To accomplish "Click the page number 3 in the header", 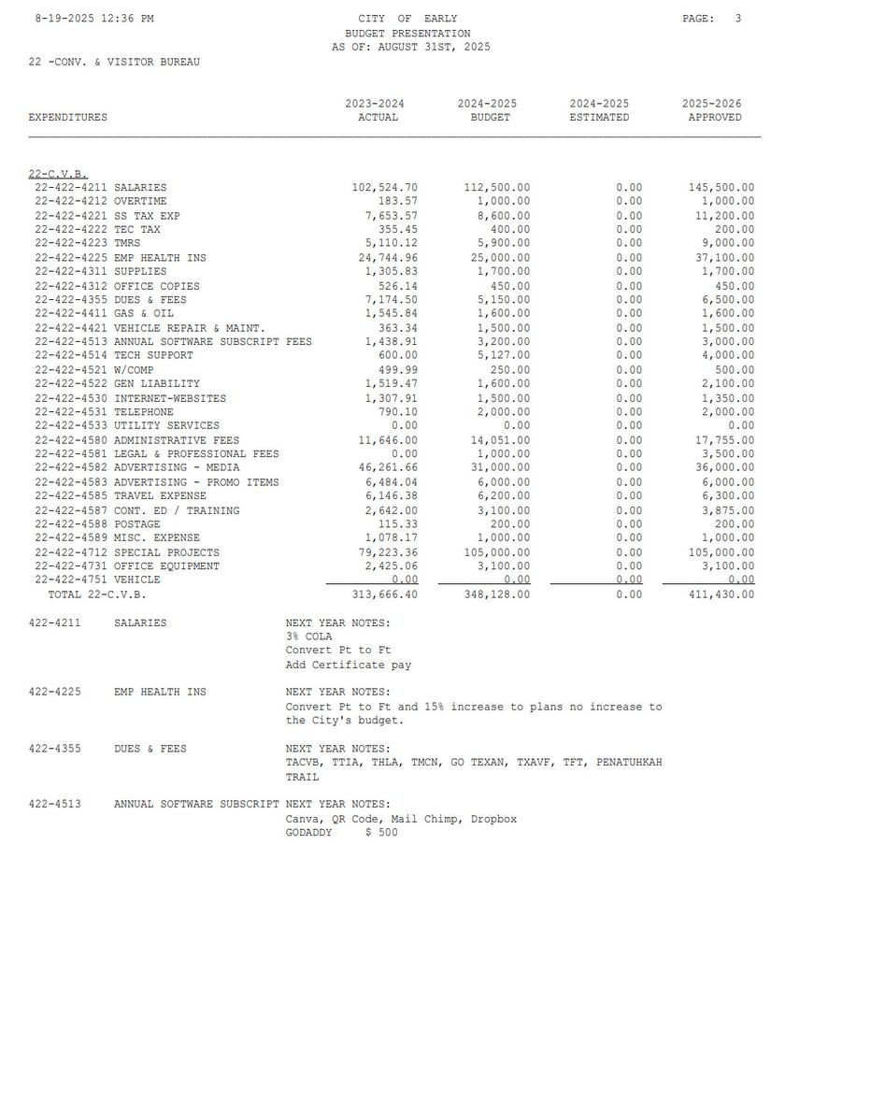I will [737, 19].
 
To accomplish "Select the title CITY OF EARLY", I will [407, 19].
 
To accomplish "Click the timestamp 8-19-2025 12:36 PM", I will [94, 19].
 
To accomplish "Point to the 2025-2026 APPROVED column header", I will [714, 110].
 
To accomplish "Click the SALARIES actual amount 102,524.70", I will [384, 188].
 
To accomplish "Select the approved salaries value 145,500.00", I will [721, 188].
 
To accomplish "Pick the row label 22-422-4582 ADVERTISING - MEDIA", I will [137, 467].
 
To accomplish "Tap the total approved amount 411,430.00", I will [721, 594].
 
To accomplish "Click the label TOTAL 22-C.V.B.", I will [97, 594].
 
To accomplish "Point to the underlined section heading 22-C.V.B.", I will [58, 174].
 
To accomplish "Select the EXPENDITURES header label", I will [68, 118].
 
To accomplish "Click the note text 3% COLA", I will [308, 637].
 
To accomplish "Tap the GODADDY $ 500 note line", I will [341, 832].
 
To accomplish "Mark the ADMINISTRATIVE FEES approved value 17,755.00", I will [724, 440].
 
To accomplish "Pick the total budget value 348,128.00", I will [496, 594].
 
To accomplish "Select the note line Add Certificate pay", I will [349, 665].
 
